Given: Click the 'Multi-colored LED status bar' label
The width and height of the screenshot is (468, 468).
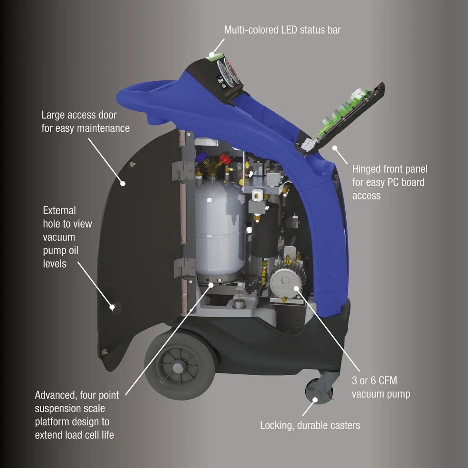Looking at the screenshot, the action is click(282, 30).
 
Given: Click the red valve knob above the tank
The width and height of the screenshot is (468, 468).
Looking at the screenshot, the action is click(225, 158).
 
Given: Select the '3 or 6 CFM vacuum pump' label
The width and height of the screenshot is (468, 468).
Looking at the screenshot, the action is click(381, 387).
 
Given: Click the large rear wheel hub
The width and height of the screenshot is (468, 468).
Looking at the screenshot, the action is click(178, 368).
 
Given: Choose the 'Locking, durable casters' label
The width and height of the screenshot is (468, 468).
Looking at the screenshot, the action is click(310, 425).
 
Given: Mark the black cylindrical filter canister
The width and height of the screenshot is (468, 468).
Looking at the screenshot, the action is click(264, 231).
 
